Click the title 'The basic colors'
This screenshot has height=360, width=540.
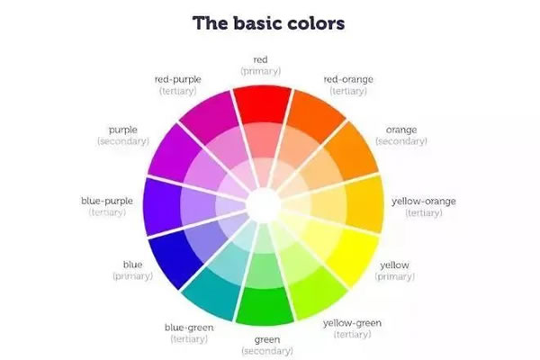click(x=268, y=23)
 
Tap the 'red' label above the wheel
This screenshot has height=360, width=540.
click(x=260, y=59)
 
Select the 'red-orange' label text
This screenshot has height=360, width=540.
click(x=348, y=79)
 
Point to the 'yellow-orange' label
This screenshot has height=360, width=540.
click(x=424, y=202)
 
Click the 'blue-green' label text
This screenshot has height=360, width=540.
click(x=189, y=328)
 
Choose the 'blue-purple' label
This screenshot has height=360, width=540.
click(x=107, y=201)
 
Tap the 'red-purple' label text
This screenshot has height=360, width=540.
click(x=177, y=79)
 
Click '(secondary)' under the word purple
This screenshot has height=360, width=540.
click(x=123, y=141)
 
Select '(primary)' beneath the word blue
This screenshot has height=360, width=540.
click(x=133, y=276)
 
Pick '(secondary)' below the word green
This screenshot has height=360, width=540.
click(x=267, y=351)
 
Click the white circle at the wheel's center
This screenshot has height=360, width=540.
click(x=264, y=205)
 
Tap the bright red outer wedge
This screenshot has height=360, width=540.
click(x=263, y=104)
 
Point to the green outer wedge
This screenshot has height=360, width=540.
click(x=265, y=306)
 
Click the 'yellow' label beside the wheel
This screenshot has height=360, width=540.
click(x=395, y=265)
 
